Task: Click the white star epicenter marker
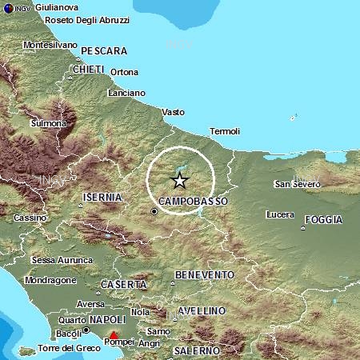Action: [x=180, y=180]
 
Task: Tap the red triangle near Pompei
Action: [x=114, y=335]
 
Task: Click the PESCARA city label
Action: [x=105, y=50]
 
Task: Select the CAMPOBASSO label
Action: [x=194, y=201]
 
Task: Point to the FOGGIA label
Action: [x=324, y=219]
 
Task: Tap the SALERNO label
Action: [x=198, y=350]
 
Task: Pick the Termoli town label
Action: [x=224, y=130]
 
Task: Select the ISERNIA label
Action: [x=102, y=197]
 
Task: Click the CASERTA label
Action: [x=124, y=285]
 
